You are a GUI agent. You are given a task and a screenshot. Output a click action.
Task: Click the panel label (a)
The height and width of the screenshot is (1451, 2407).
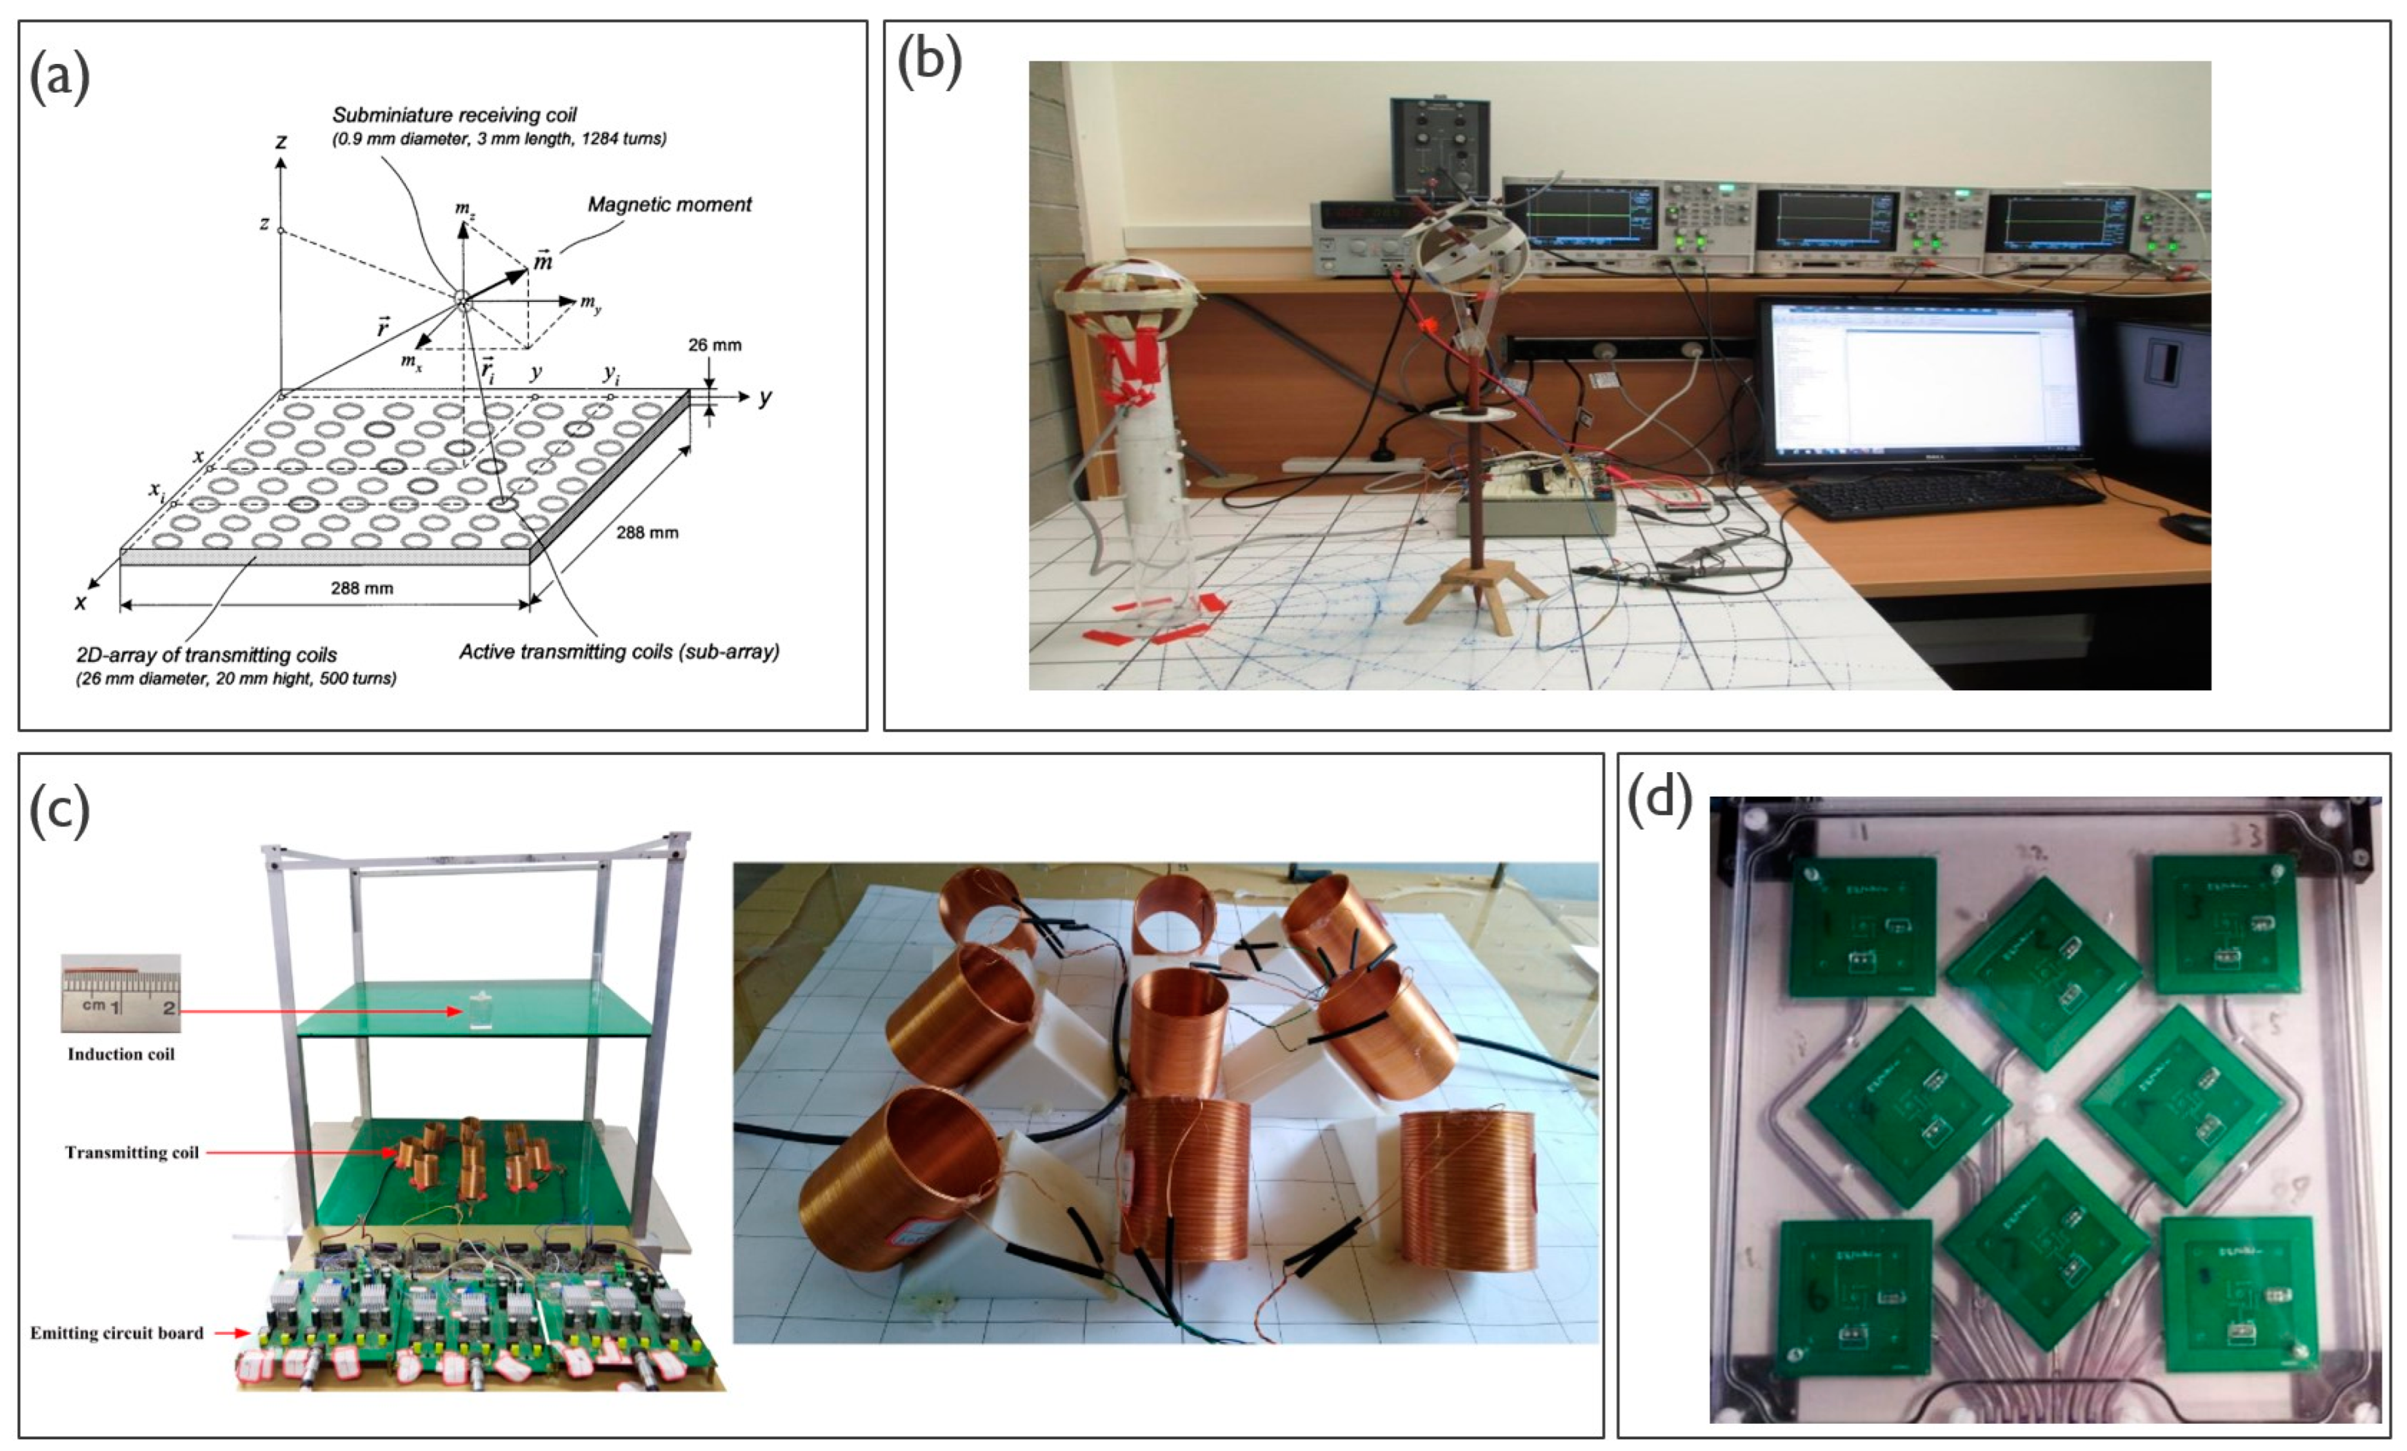point(59,77)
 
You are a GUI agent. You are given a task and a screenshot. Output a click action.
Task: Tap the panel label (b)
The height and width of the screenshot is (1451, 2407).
point(928,65)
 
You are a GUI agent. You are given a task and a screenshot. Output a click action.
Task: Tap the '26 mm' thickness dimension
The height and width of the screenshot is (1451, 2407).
point(714,345)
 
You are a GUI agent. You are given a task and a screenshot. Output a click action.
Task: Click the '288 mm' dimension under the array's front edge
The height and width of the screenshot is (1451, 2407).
point(361,588)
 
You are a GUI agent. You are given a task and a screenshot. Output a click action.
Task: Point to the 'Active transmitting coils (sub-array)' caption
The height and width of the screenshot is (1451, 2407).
point(619,652)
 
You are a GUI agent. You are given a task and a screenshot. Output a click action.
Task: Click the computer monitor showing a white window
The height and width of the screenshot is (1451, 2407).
point(1921,384)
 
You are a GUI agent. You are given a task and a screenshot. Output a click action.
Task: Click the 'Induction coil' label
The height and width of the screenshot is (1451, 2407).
point(121,1054)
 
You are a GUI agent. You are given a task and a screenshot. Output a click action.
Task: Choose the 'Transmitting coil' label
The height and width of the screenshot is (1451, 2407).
point(132,1153)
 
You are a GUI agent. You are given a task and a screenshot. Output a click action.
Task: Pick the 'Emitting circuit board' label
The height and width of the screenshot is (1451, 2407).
point(117,1333)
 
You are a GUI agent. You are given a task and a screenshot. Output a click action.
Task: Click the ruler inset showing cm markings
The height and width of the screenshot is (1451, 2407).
point(120,994)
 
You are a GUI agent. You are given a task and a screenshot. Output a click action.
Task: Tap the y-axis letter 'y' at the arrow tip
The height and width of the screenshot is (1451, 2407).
point(765,397)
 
